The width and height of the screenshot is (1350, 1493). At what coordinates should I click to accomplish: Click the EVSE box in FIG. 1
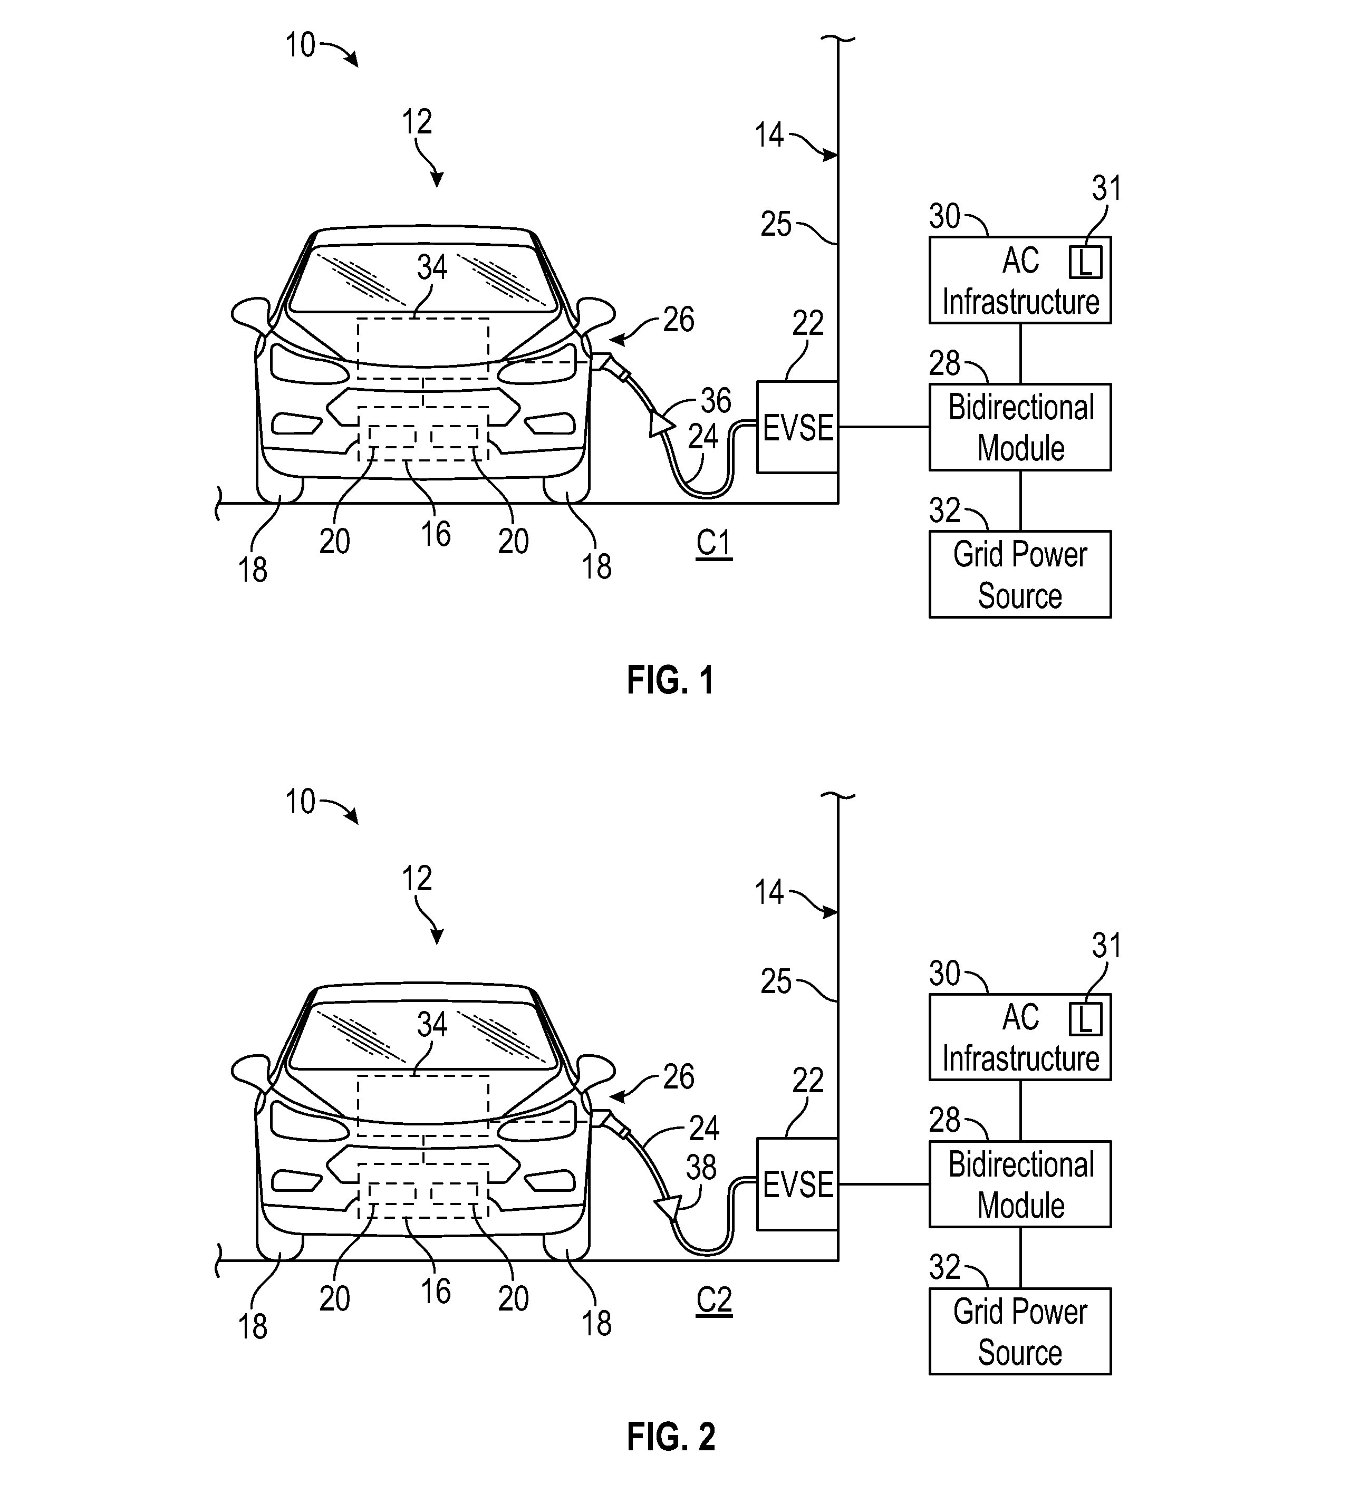point(797,427)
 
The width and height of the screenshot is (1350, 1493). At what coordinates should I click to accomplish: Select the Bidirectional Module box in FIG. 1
point(1020,427)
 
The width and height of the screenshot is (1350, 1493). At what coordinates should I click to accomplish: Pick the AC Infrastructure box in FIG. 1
point(1020,280)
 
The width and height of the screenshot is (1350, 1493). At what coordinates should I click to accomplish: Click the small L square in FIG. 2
point(1085,1019)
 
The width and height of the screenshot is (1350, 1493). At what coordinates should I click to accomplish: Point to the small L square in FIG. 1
point(1085,262)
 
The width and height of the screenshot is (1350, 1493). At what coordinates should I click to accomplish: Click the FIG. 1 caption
point(671,680)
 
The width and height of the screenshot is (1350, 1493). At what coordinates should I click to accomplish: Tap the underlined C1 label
point(714,544)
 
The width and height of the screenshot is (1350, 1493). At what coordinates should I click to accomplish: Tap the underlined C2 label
point(714,1301)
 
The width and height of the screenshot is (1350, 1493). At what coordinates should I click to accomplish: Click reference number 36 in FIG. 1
point(716,401)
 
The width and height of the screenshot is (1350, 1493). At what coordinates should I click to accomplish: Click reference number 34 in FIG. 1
point(432,267)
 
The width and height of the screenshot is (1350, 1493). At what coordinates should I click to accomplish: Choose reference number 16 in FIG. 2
point(436,1292)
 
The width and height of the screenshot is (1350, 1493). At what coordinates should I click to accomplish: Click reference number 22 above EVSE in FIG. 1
point(808,324)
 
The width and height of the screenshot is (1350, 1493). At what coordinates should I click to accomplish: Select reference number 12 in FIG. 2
point(417,879)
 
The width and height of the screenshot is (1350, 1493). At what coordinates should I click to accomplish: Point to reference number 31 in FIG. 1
point(1106,189)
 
